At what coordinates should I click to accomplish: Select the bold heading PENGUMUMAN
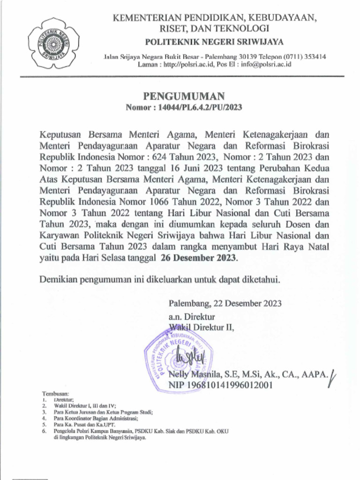pyautogui.click(x=184, y=97)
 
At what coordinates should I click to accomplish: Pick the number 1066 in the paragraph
pyautogui.click(x=163, y=202)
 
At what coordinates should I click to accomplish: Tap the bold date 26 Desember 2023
pyautogui.click(x=199, y=258)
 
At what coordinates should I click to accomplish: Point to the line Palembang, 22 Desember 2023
pyautogui.click(x=225, y=303)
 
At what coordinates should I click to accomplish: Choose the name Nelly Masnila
pyautogui.click(x=193, y=374)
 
